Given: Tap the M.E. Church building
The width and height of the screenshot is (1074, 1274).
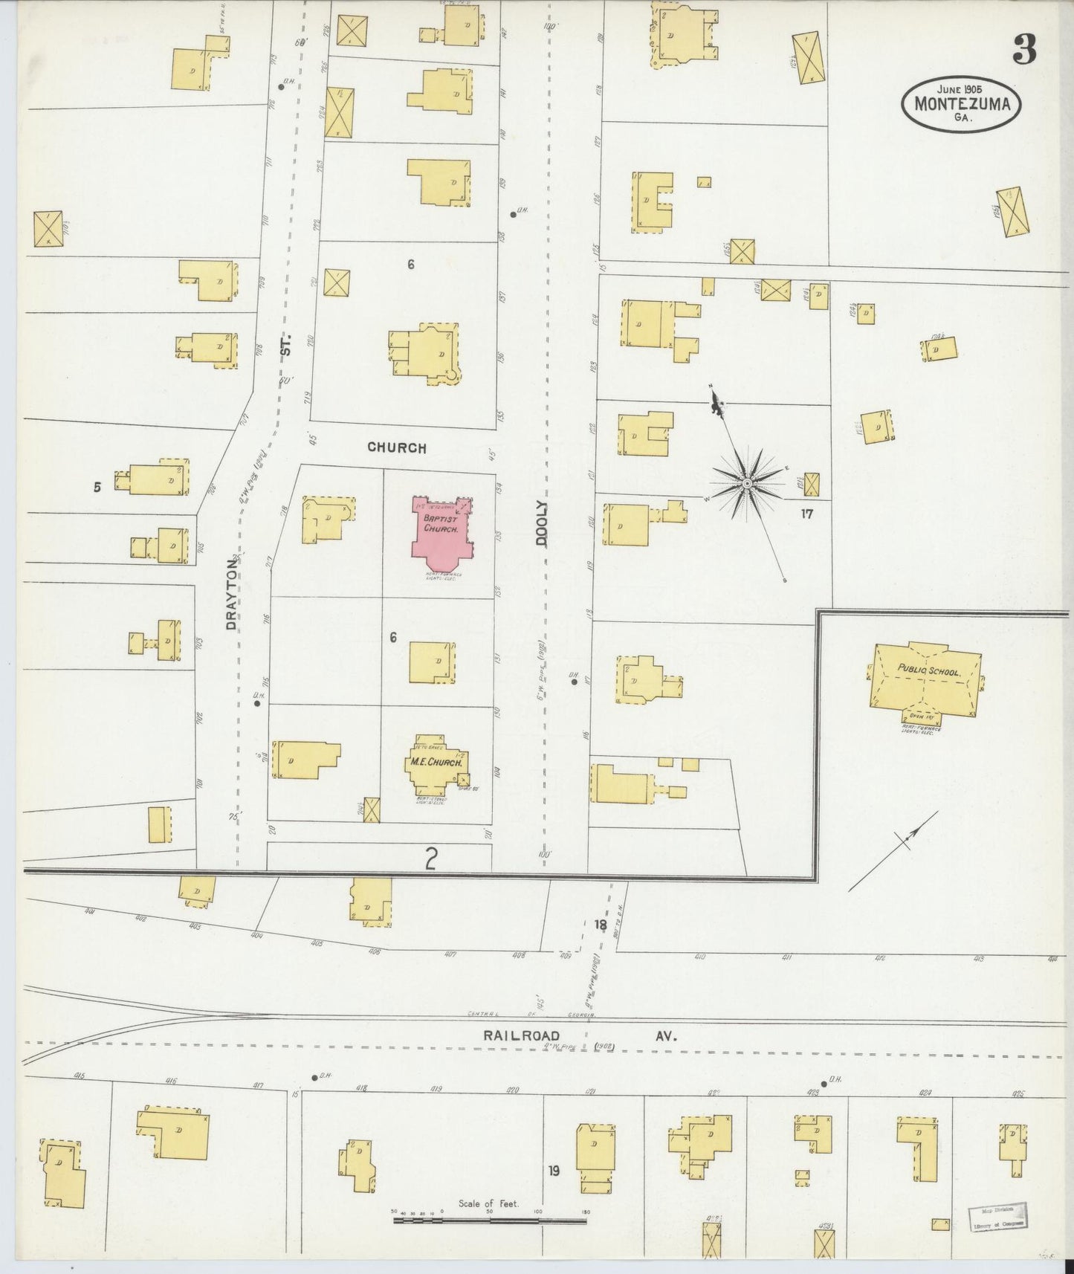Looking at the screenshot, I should [x=436, y=763].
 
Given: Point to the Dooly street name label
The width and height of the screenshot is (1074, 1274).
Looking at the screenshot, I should [x=541, y=524].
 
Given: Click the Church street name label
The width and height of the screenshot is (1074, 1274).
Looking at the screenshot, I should [x=397, y=447].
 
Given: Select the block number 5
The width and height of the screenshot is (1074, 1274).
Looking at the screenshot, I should [x=97, y=488].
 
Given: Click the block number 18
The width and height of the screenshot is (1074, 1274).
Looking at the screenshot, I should [x=601, y=925].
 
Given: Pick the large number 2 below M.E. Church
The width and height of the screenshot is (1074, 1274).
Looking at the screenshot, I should [x=430, y=859].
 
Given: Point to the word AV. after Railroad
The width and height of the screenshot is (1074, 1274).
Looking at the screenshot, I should [x=664, y=1035].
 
